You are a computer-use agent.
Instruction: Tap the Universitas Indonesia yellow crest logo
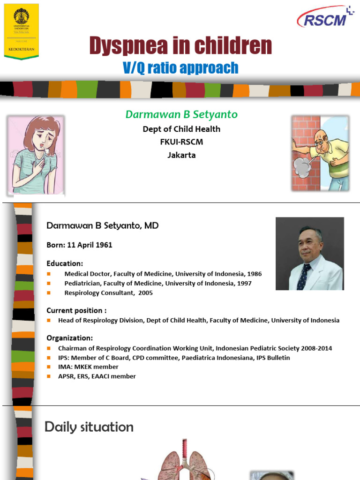pos(21,30)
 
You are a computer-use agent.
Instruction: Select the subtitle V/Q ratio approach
pos(180,68)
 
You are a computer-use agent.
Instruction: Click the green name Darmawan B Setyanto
pos(181,114)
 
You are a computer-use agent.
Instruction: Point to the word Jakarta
pos(181,155)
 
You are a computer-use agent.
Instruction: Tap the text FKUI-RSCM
pos(181,142)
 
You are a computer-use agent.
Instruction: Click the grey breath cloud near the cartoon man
pos(303,166)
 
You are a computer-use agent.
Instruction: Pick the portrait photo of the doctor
pos(309,253)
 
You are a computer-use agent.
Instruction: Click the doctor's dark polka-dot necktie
pos(304,277)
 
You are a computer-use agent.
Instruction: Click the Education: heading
pos(65,263)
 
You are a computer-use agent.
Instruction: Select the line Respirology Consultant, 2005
pos(108,293)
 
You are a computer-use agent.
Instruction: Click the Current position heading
pos(76,310)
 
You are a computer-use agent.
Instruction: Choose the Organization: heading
pos(69,338)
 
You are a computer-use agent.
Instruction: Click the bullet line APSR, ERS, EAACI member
pos(97,376)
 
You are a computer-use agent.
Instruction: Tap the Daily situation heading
pos(89,427)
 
